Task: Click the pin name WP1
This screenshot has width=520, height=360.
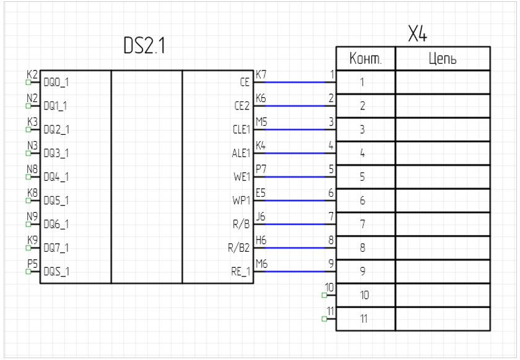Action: [x=241, y=200]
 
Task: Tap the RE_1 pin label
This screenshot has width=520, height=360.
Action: [x=240, y=272]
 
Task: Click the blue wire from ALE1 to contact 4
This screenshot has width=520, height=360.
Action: [x=291, y=153]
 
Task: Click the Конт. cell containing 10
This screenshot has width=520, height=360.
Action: [x=365, y=296]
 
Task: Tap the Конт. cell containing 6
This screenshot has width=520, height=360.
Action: [x=365, y=200]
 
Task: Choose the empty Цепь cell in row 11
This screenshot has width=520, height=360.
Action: [x=443, y=319]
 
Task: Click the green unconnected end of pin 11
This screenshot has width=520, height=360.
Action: [x=324, y=319]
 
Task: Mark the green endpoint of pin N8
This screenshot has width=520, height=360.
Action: [x=28, y=176]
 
